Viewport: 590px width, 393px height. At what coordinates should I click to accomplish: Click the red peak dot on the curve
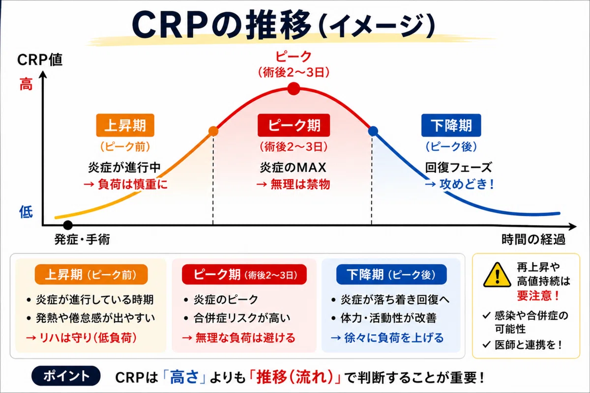(x=294, y=88)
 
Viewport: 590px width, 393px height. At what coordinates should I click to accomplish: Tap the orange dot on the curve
(x=213, y=131)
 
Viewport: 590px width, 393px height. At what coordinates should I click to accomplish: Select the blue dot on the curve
(x=373, y=131)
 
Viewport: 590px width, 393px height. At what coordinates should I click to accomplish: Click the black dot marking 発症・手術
(x=68, y=225)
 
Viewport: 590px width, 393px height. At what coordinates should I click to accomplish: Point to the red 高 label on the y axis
(x=26, y=84)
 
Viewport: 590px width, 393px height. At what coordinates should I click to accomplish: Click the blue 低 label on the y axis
(x=26, y=212)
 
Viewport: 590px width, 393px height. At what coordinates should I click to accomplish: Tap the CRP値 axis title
(x=40, y=60)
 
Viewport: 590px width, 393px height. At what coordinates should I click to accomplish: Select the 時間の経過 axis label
(x=533, y=240)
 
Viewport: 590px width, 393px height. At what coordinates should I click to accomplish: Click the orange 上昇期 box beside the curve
(x=125, y=125)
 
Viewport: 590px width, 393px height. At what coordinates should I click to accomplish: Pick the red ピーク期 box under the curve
(x=294, y=125)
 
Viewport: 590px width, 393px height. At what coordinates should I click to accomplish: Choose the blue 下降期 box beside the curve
(x=451, y=125)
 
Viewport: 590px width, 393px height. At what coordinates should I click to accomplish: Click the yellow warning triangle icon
(x=497, y=275)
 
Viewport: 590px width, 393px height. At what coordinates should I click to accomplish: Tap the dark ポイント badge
(x=66, y=376)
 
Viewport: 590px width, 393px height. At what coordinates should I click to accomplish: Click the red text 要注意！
(x=538, y=296)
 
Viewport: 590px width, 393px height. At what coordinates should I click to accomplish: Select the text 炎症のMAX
(x=293, y=168)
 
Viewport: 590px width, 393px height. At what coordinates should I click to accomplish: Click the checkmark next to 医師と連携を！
(x=486, y=344)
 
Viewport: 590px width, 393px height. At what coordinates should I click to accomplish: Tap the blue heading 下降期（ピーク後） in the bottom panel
(x=391, y=275)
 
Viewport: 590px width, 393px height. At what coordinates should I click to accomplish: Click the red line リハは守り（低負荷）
(x=82, y=337)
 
